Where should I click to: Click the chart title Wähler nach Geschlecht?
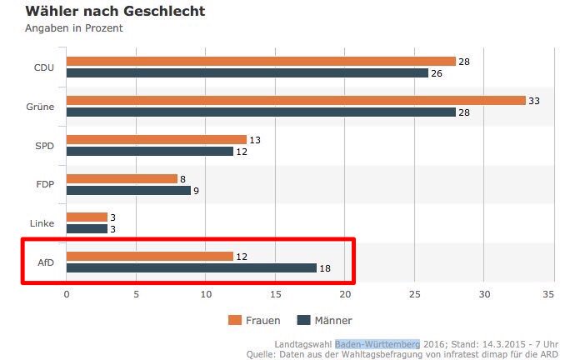tap(115, 11)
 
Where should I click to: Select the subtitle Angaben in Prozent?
tap(74, 27)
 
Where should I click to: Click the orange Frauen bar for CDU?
tap(261, 62)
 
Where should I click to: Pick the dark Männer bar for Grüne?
tap(261, 112)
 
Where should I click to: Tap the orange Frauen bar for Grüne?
tap(296, 101)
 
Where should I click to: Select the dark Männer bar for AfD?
tap(192, 268)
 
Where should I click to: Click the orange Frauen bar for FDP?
tap(122, 178)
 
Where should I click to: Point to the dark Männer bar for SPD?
tap(150, 152)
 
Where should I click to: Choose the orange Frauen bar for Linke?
tap(87, 217)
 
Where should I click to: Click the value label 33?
tap(535, 101)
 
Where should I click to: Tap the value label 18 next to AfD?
tap(326, 268)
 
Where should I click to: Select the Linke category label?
tap(42, 223)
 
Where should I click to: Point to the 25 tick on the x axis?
tap(413, 294)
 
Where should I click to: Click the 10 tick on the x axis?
tap(206, 294)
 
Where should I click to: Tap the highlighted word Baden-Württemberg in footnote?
tap(377, 344)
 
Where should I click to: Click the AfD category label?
tap(46, 262)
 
